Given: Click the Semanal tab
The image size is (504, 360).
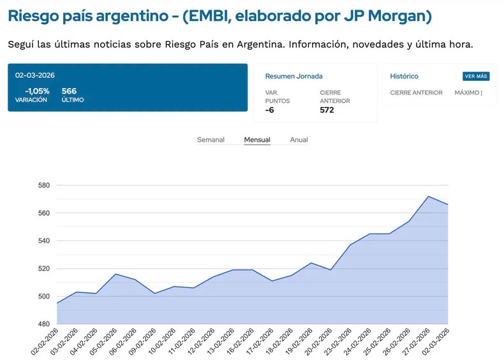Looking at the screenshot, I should [211, 140].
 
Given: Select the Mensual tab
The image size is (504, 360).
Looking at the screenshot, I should [257, 140].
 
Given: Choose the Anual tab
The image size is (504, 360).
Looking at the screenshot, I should [299, 140].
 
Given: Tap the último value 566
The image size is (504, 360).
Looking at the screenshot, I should [69, 91].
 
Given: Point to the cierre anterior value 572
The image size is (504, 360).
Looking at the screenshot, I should [327, 110].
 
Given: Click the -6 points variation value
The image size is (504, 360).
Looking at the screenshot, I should [270, 110].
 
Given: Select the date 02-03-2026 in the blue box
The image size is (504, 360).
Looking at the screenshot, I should [35, 75].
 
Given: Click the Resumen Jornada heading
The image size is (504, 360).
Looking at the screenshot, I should [293, 77].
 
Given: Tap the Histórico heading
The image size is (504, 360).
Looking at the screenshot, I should [404, 77].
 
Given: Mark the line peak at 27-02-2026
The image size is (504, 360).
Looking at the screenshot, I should [429, 197].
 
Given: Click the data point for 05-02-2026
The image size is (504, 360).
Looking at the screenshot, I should [115, 274].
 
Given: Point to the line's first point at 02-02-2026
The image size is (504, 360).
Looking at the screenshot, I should [57, 303].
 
